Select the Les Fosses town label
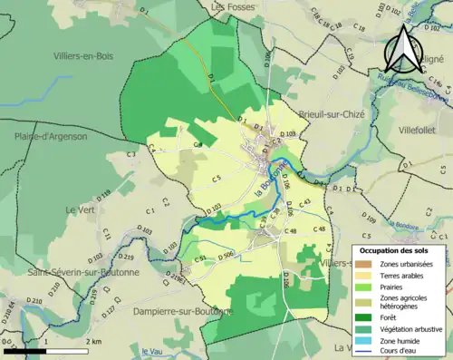point(231,6)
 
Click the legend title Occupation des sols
point(400,249)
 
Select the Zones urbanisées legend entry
point(406,264)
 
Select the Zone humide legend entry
point(399,341)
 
